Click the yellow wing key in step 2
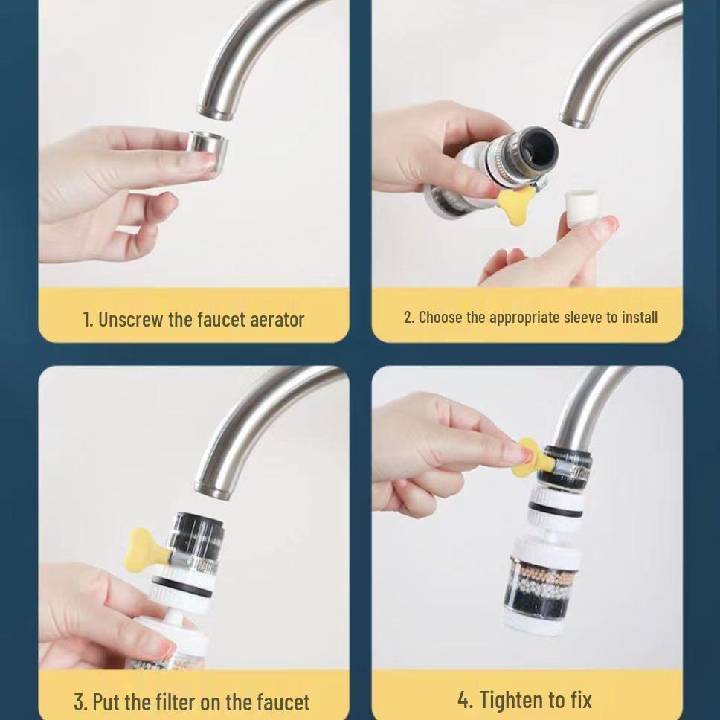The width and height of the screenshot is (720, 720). (516, 202)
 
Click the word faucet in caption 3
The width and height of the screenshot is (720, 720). (283, 701)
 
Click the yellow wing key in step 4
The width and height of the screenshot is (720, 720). (530, 455)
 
